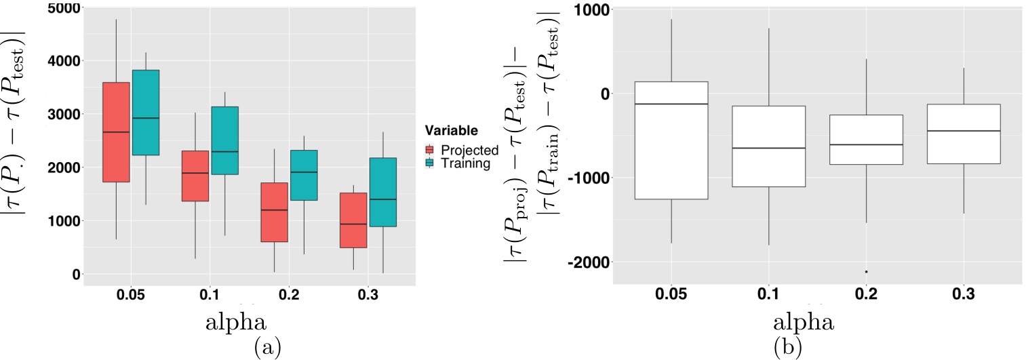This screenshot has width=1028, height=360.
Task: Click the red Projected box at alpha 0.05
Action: (116, 132)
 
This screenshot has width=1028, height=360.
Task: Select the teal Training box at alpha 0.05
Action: (145, 113)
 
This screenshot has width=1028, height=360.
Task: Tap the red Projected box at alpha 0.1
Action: (195, 176)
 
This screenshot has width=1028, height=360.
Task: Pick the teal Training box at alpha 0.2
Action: (303, 175)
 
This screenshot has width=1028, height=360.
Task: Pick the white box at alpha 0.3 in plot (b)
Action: (964, 134)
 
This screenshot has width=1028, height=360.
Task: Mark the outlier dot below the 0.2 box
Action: (866, 272)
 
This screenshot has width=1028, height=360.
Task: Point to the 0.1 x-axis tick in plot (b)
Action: (768, 294)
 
